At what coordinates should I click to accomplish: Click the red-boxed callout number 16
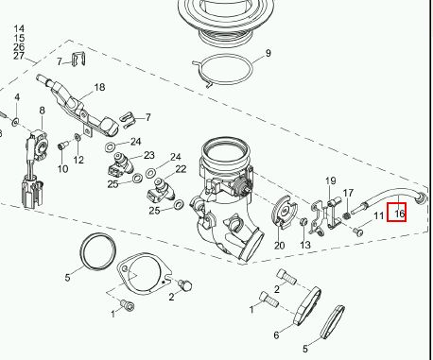pos(399,214)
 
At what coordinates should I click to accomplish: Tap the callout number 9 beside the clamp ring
pos(268,53)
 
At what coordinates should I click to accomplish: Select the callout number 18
pos(99,87)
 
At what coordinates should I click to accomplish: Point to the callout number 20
pos(280,246)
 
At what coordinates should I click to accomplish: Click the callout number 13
pos(305,245)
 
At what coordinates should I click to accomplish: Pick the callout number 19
pos(331,181)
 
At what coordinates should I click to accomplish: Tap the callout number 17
pos(348,193)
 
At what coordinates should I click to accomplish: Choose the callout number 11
pos(378,216)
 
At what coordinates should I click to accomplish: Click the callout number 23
pos(149,155)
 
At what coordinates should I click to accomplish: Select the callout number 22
pos(181,169)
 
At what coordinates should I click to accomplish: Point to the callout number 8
pos(42,111)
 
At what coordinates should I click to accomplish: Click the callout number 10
pos(62,169)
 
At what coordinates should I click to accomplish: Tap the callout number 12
pos(78,161)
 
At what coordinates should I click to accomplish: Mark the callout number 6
pos(276,335)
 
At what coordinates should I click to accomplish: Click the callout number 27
pos(19,56)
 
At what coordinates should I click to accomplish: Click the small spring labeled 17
pos(346,216)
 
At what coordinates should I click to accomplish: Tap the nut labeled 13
pos(303,221)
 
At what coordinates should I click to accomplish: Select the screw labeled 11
pos(358,232)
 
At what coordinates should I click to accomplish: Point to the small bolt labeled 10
pos(61,146)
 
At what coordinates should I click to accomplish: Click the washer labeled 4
pos(15,122)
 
